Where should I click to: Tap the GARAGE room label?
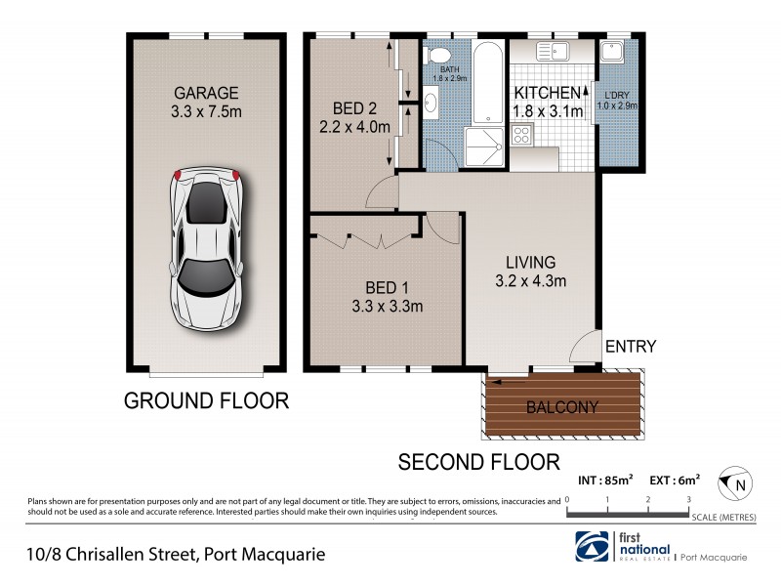205,94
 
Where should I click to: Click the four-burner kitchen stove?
522,137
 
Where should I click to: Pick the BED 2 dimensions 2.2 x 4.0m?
354,126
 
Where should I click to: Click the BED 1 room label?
387,287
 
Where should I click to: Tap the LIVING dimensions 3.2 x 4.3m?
530,281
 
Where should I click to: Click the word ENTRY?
630,347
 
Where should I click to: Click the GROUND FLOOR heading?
206,400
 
